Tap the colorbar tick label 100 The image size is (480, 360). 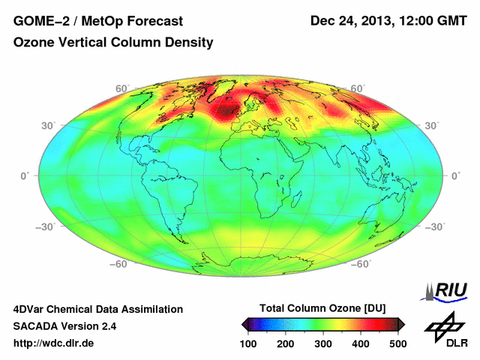point(249,343)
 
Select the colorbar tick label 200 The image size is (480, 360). point(286,343)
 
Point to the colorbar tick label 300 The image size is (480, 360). point(323,343)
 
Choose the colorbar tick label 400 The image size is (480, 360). point(360,343)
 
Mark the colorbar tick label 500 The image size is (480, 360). point(397,343)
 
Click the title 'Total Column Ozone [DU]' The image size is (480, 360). point(322,309)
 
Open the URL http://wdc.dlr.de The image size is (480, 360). point(54,343)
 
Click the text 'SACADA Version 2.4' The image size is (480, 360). point(64,326)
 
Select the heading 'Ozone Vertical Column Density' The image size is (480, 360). point(113,43)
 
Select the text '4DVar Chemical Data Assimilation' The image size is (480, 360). point(97,309)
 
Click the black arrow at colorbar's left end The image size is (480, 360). point(244,324)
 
